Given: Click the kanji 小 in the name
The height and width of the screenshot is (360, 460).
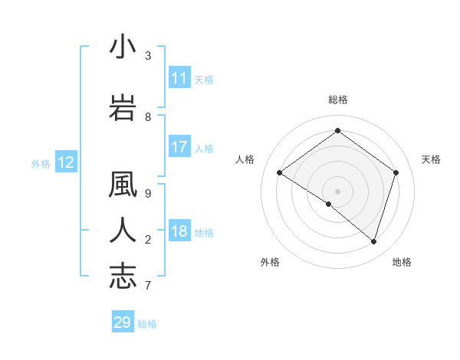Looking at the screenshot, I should [123, 47].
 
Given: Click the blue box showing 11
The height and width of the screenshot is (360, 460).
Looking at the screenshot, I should [179, 78].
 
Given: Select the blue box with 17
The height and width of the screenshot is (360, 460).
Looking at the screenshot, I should [179, 147].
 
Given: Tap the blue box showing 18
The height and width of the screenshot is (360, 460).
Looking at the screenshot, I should [179, 232].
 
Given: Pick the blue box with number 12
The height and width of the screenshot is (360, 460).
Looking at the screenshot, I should [65, 162].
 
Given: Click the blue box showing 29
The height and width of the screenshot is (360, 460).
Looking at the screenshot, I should [122, 322].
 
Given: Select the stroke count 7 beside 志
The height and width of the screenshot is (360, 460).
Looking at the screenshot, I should [148, 286].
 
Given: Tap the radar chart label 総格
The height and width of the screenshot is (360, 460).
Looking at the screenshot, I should [337, 100].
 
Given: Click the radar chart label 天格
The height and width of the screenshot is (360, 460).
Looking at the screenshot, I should [431, 159].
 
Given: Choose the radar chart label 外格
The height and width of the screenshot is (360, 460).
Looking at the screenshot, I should [270, 262].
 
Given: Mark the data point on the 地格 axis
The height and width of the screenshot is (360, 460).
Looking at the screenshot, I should [373, 241].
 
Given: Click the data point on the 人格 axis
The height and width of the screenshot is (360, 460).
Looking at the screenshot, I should [279, 172].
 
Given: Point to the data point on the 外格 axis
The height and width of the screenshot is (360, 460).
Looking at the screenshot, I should [329, 204].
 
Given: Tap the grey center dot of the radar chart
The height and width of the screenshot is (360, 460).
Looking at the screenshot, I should [337, 191].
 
